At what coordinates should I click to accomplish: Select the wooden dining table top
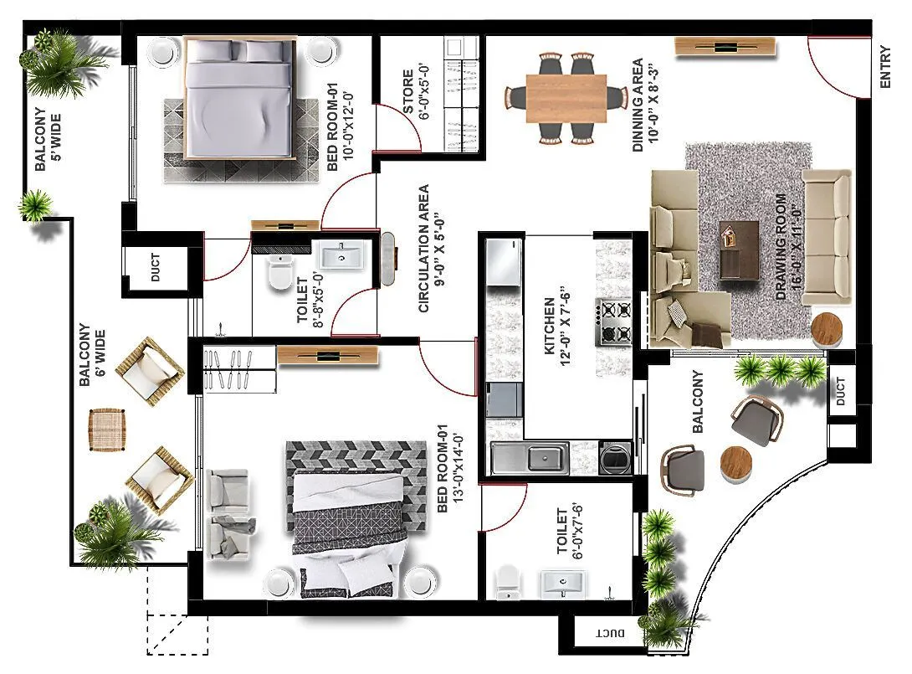tap(566, 97)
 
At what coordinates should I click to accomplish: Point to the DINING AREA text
tap(644, 105)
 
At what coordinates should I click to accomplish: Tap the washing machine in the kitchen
tap(615, 458)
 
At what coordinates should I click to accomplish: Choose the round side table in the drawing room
tap(830, 329)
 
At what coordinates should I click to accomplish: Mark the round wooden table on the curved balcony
tap(737, 463)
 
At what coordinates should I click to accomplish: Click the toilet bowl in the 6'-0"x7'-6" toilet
tap(507, 581)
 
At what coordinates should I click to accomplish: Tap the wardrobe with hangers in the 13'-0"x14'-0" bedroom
tap(238, 369)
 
